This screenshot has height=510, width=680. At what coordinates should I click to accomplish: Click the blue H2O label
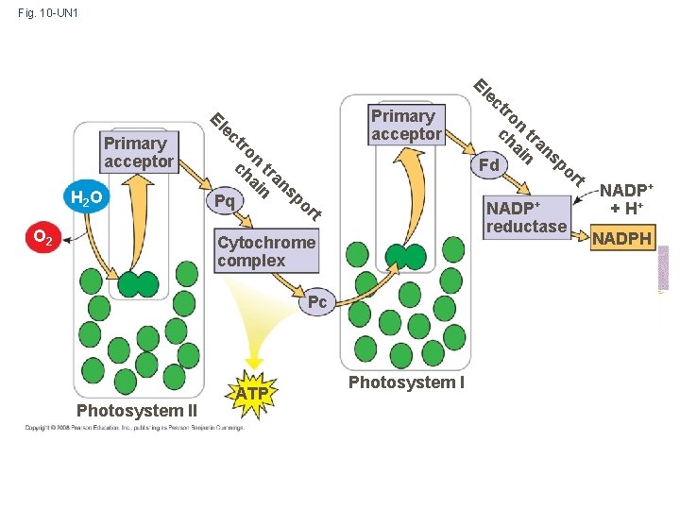click(86, 198)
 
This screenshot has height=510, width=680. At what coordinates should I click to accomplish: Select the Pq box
click(224, 200)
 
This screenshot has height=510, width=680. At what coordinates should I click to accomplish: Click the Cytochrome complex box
click(265, 251)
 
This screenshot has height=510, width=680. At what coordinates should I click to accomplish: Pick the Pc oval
click(317, 302)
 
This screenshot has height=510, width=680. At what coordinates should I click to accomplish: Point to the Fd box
click(489, 165)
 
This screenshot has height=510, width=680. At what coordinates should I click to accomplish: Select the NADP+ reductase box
click(526, 216)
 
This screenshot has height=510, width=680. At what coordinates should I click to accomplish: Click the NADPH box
click(620, 239)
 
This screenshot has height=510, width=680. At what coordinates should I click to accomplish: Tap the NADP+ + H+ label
click(626, 199)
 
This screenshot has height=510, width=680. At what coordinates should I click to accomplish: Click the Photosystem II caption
click(136, 410)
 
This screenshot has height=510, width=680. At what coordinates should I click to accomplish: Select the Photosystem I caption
click(406, 382)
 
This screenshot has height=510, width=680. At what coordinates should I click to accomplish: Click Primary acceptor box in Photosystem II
click(139, 152)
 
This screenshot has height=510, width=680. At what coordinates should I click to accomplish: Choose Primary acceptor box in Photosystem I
click(405, 125)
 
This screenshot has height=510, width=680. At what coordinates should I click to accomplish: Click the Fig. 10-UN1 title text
click(48, 13)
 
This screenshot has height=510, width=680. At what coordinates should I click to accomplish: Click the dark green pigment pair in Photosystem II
click(138, 283)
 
